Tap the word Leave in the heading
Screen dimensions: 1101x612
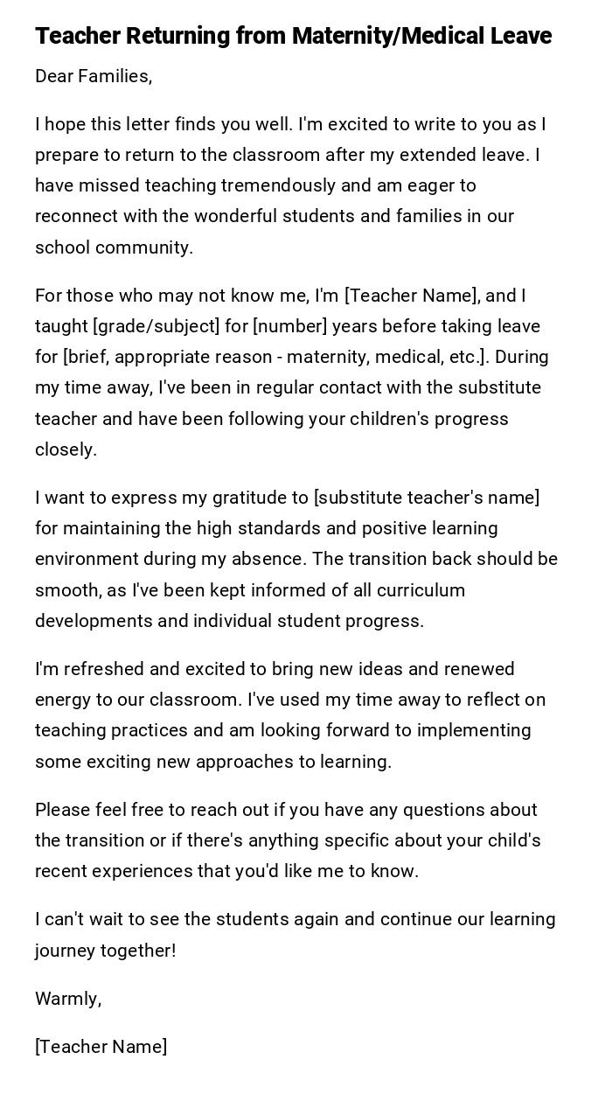(520, 36)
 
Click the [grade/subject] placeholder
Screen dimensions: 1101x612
(156, 326)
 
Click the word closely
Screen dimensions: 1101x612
(66, 449)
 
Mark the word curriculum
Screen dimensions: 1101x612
(421, 590)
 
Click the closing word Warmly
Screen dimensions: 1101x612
(67, 999)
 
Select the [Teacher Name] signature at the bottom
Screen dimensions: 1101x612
(101, 1047)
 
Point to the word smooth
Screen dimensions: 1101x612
(67, 590)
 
